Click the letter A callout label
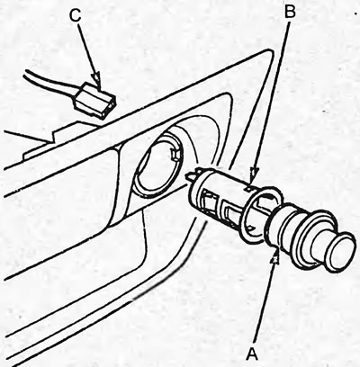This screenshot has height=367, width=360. pos(252,354)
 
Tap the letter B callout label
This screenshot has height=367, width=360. pos(289,13)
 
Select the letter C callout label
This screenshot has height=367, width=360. pos(75,15)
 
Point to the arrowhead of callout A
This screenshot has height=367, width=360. pos(275,258)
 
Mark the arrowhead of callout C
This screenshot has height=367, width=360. pos(97,78)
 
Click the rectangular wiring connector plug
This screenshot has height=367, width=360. pos(94,100)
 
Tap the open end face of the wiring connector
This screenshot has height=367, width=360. pos(109,107)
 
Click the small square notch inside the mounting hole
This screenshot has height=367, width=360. pos(174,154)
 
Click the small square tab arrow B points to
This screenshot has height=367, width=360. pos(248,189)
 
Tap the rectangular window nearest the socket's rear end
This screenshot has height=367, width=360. pos(206,201)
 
